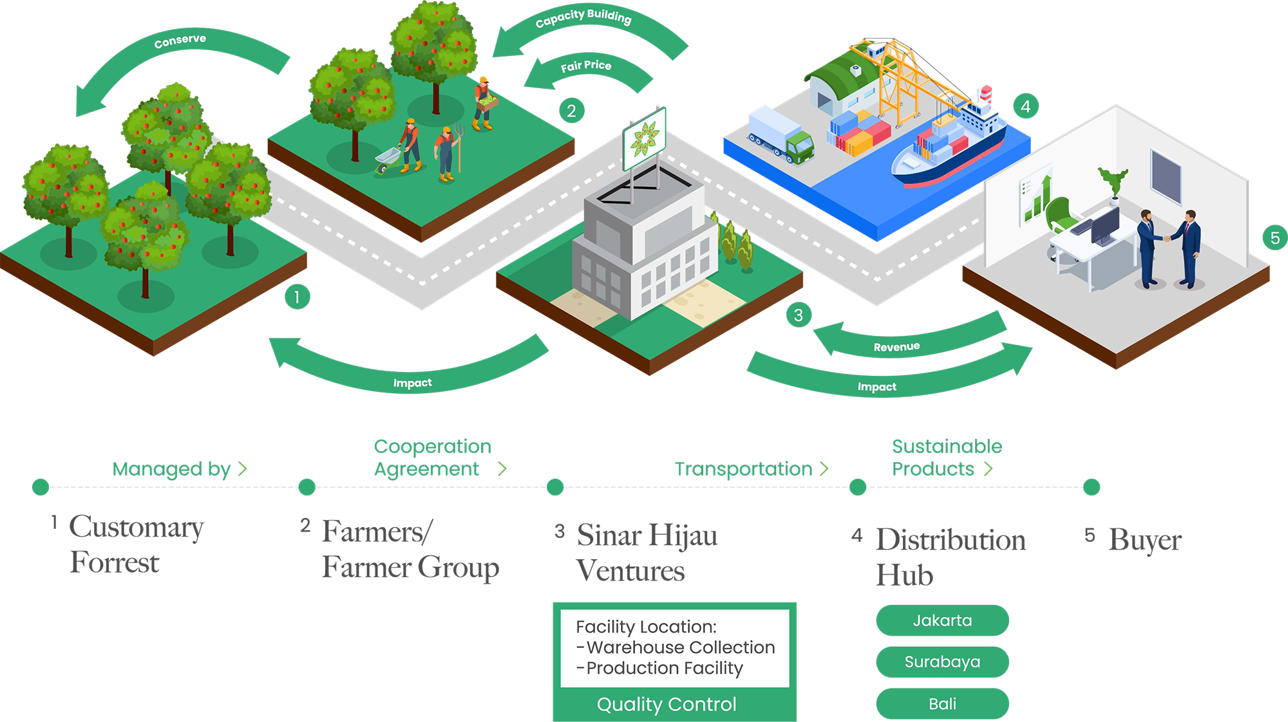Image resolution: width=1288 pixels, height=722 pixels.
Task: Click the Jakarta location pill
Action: coord(942,620)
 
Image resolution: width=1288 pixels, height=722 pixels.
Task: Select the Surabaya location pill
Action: coord(942,662)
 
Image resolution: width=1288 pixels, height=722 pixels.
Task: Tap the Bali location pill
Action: coord(942,704)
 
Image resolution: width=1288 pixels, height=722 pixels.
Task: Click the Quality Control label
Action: coord(667,705)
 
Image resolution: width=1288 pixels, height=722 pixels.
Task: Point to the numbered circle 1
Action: coord(297,297)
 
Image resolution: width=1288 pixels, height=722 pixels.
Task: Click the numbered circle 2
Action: coord(571,111)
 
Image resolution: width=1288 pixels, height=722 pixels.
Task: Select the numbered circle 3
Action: coord(799,315)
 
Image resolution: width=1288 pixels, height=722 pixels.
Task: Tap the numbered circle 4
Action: coord(1026,106)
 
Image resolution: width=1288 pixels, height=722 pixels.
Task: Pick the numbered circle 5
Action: coord(1275,238)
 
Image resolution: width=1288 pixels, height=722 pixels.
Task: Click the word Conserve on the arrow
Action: coord(180,41)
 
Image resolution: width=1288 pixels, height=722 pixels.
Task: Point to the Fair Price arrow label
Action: coord(586,66)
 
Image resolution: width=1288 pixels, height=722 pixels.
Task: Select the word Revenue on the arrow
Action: coord(896,347)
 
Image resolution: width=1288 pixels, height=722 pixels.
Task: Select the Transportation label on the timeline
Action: coord(744,469)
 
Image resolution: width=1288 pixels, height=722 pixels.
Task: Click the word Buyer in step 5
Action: coord(1146,541)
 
